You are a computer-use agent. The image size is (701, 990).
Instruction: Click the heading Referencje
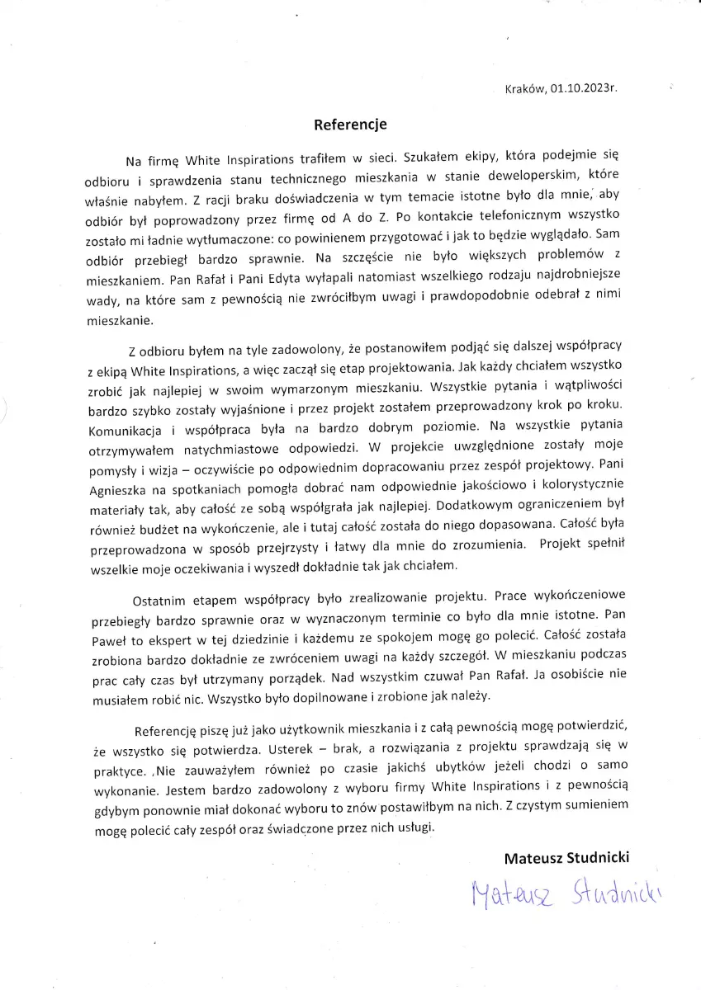(x=350, y=125)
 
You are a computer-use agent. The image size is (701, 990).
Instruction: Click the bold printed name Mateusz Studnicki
(x=566, y=857)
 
